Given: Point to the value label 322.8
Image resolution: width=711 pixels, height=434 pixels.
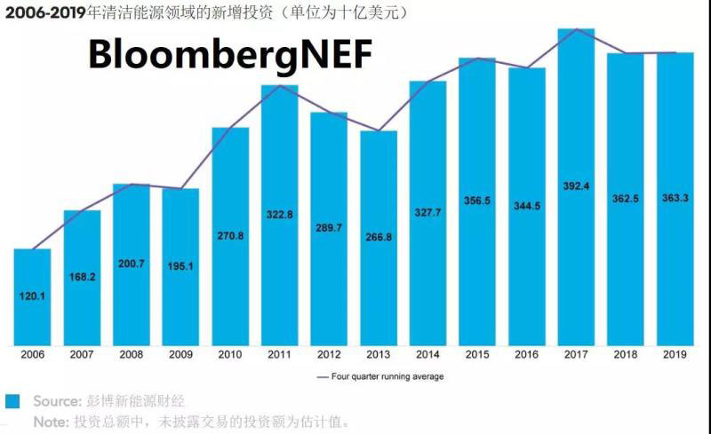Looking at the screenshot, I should click(280, 214).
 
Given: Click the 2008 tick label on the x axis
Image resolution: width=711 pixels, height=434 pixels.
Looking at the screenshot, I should click(131, 353).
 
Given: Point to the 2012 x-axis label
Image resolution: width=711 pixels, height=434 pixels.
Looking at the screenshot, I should click(329, 353).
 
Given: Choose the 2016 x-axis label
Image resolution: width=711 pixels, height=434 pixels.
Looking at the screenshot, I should click(526, 353).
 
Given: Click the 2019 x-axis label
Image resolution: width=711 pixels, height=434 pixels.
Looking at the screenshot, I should click(675, 353).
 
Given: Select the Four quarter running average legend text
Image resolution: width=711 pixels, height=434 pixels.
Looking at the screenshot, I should click(387, 376).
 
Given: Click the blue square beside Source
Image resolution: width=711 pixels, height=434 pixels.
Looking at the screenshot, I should click(12, 401).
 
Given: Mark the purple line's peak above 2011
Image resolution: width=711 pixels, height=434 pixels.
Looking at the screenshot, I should click(280, 85).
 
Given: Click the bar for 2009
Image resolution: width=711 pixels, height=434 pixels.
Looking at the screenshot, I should click(180, 266).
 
